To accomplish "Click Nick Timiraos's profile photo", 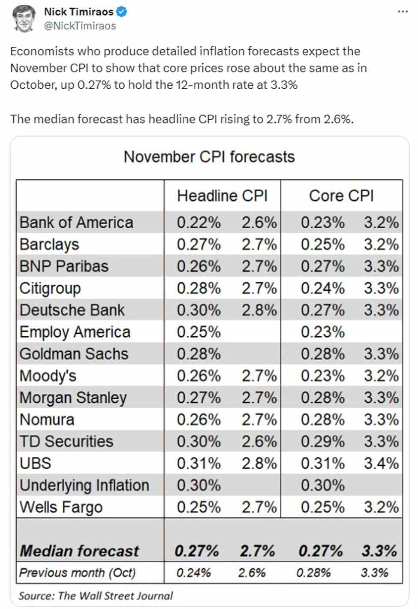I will [24, 18].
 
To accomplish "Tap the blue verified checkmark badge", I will [122, 12].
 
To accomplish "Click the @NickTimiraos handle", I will [80, 26].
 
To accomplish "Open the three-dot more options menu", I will [403, 12].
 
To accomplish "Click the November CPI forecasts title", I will [209, 157].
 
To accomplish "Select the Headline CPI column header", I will [222, 196].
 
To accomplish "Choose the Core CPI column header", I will [341, 196].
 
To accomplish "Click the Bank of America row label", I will [76, 223].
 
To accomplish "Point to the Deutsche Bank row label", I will [72, 310].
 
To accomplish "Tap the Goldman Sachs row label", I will [74, 354].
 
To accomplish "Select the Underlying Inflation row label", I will [84, 485].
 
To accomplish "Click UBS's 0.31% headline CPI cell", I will [198, 463].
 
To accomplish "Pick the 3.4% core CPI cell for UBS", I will [381, 463].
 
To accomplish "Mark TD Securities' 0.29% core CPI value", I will [322, 441].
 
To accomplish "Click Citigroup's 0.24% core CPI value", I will [322, 288].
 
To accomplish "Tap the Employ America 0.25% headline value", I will [198, 332].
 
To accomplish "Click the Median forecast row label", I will [80, 551].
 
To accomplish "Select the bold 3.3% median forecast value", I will [379, 551].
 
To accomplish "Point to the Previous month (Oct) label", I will [78, 573].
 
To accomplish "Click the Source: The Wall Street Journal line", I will [96, 595].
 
